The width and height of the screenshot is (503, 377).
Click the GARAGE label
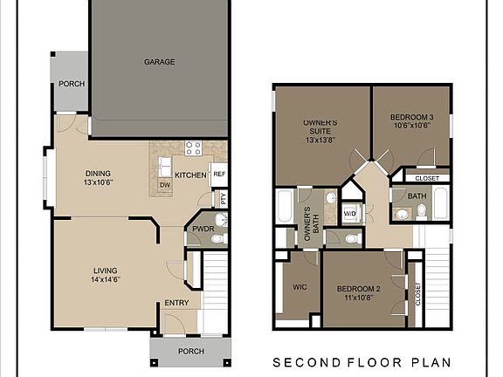coord(160,62)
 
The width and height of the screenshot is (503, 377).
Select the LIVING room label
coord(106,276)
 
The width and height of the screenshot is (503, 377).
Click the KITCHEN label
coord(190,175)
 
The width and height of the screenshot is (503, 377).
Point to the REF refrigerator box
coord(219,174)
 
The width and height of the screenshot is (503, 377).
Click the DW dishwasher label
coord(164,185)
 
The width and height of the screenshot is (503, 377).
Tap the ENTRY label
coord(176,304)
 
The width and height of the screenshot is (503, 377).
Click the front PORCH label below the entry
coord(190,352)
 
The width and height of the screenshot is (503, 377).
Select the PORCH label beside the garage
coord(71,85)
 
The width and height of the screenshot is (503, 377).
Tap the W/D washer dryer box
coord(349,213)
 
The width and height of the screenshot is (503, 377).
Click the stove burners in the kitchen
coord(193,147)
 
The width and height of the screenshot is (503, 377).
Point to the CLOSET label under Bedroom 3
coord(427,178)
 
